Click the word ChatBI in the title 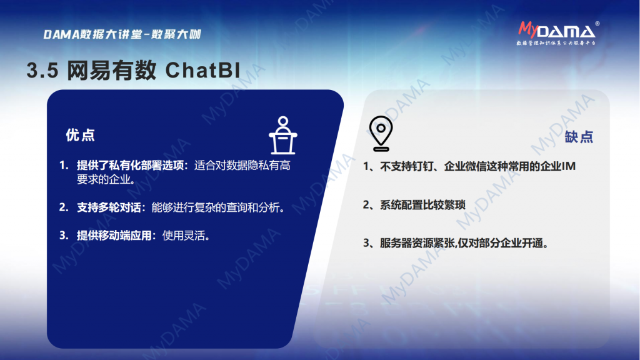[x=203, y=70]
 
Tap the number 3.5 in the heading [x=43, y=71]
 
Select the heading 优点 [x=81, y=135]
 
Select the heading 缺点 [x=579, y=137]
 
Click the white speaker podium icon [x=283, y=136]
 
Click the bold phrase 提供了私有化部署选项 [x=130, y=165]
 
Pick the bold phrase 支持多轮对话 [x=109, y=207]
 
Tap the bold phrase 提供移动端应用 [x=114, y=236]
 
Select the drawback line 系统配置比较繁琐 [x=422, y=204]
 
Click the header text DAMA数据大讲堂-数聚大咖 [x=122, y=34]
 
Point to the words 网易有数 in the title [x=111, y=70]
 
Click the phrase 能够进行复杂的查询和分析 [x=216, y=207]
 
